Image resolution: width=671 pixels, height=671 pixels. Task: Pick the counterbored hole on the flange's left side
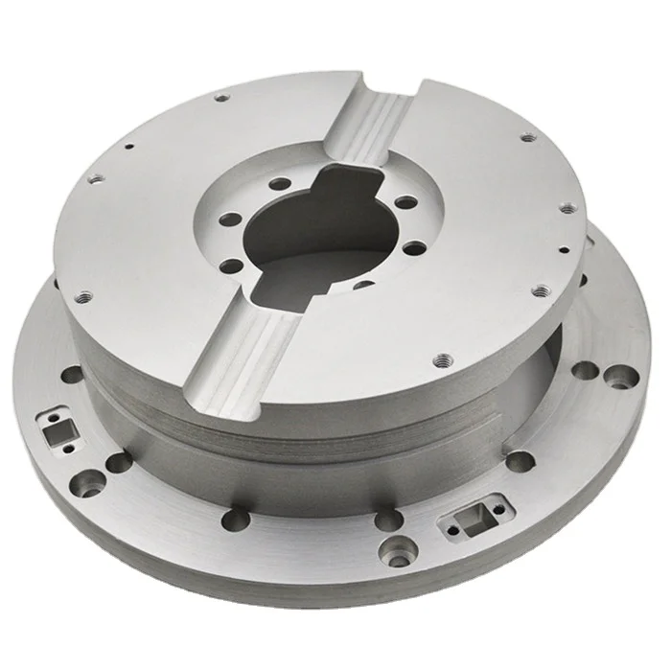[x=91, y=476]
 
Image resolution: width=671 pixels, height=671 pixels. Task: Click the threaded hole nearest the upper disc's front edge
[x=442, y=361]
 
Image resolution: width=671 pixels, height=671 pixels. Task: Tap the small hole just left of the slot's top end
[x=222, y=98]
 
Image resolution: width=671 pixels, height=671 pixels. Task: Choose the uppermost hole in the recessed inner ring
[x=279, y=184]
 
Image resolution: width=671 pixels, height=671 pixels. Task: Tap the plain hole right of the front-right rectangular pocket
[x=519, y=461]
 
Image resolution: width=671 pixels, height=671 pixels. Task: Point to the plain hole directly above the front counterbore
[x=388, y=519]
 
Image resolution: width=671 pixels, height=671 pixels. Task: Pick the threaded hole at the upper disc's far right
[x=567, y=208]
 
